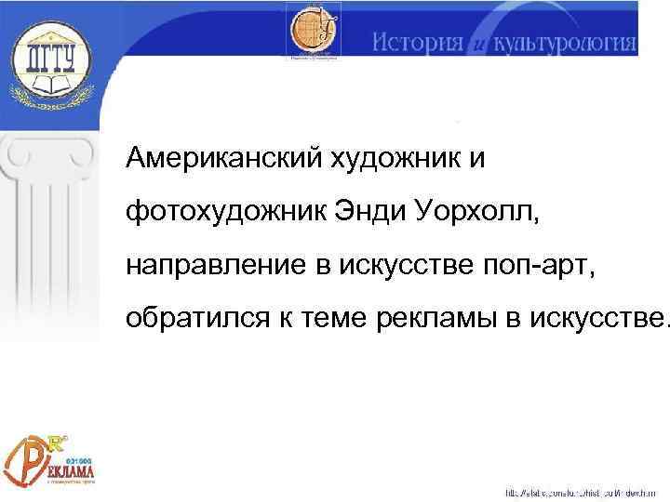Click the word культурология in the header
[x=564, y=43]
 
